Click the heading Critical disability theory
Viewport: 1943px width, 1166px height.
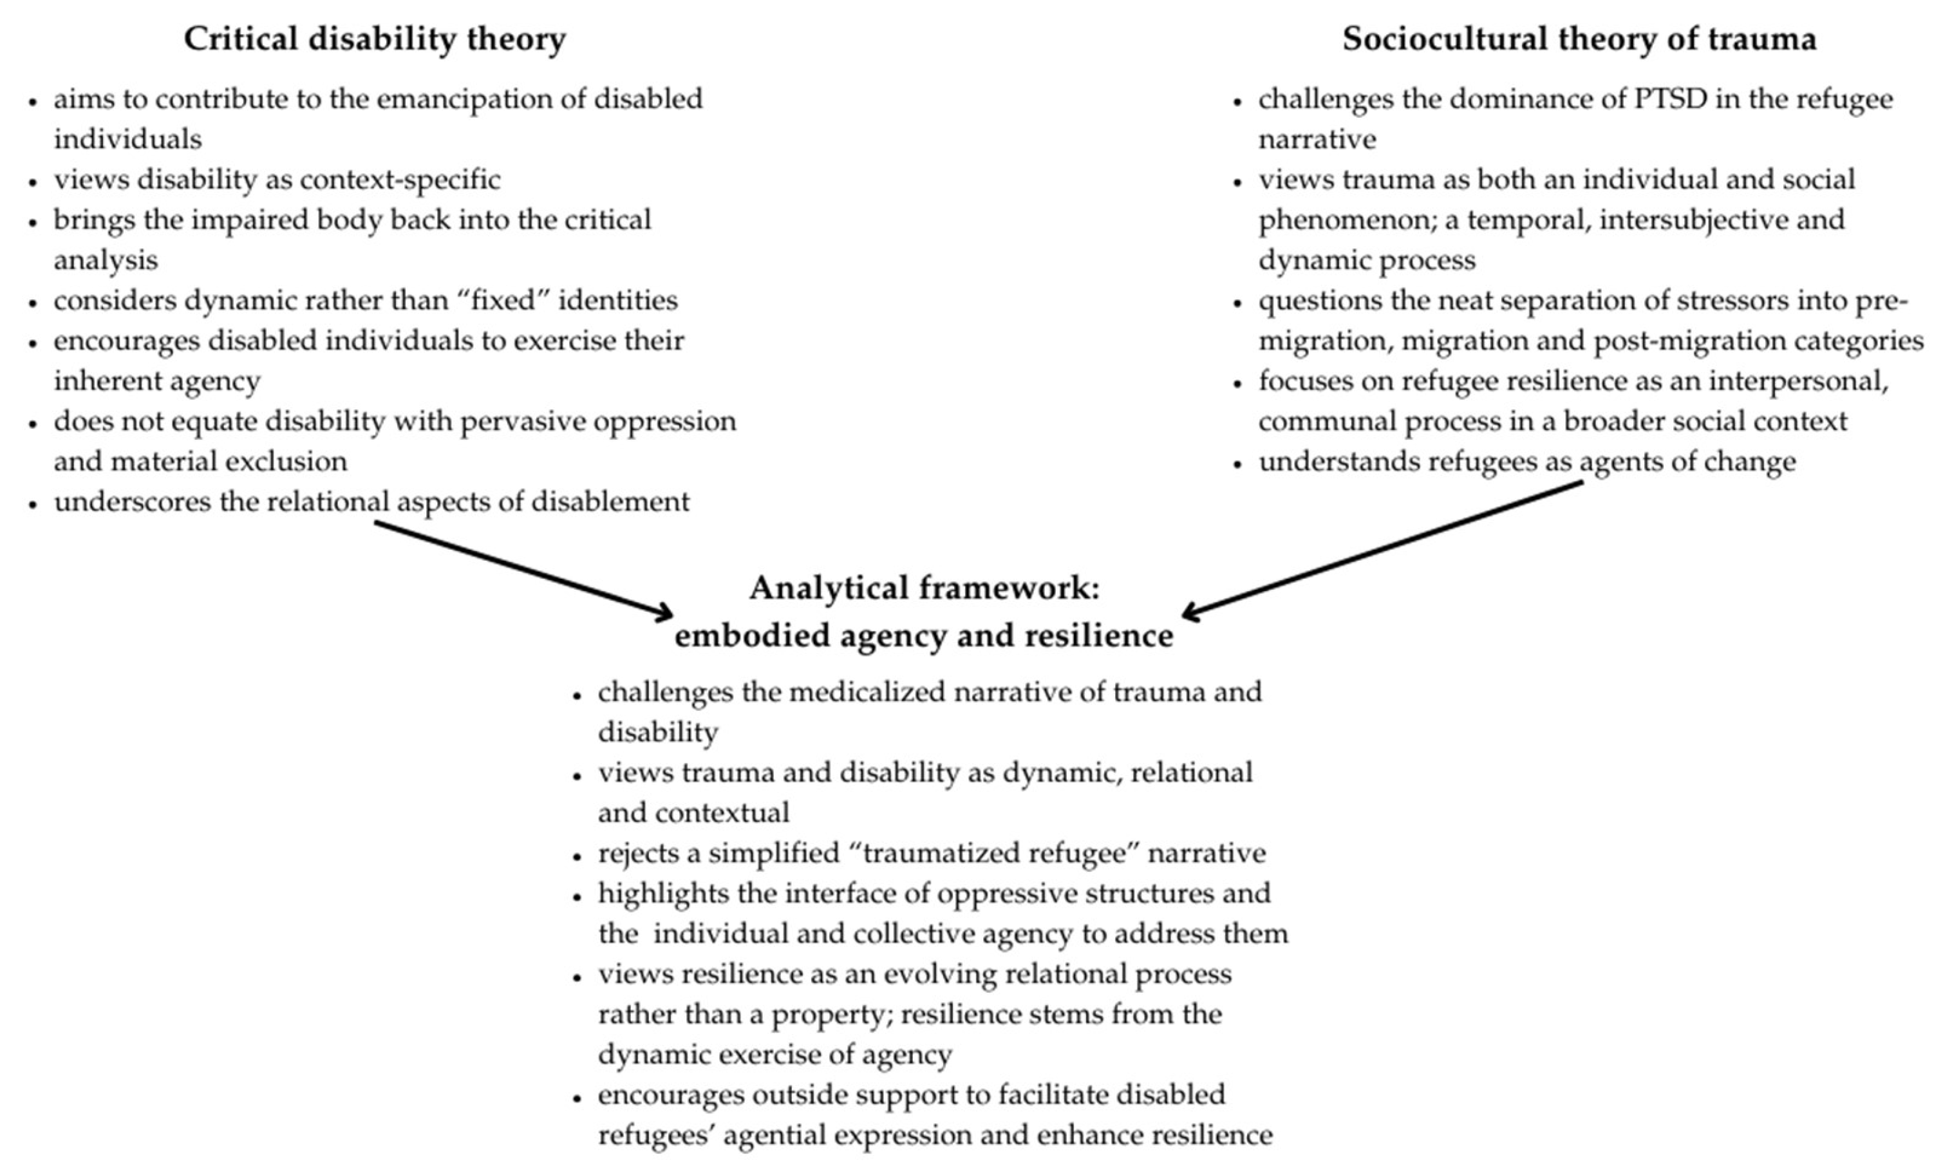coord(375,39)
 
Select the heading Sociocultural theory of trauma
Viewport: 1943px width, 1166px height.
coord(1579,39)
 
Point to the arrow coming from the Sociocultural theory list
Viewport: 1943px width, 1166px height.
coord(1383,548)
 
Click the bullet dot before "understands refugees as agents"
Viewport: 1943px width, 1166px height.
coord(1238,464)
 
